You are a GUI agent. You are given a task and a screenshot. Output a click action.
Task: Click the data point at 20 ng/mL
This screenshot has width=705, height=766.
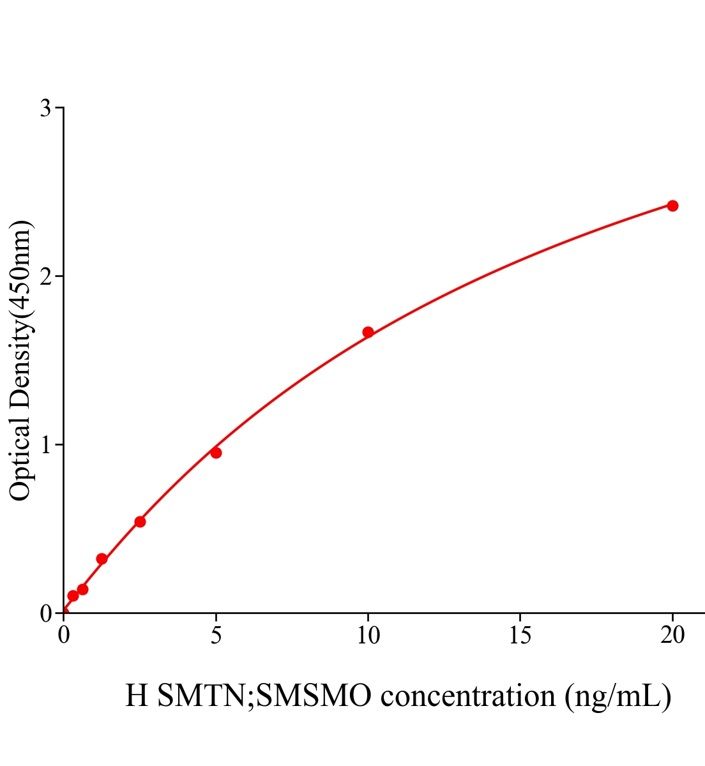672,206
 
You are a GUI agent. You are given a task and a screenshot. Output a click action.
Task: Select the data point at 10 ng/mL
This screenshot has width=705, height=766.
368,332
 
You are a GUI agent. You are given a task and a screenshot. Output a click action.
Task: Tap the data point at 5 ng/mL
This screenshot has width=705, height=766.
216,453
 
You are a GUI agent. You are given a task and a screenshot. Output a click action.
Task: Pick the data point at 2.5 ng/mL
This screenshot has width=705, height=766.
140,522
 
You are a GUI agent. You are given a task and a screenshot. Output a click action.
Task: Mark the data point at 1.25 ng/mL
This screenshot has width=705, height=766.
102,559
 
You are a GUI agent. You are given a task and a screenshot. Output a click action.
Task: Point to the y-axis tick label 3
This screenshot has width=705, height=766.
45,109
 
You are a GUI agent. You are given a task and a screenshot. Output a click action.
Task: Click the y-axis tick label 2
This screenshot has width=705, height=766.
45,276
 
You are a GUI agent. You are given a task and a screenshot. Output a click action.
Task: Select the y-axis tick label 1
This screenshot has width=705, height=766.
45,445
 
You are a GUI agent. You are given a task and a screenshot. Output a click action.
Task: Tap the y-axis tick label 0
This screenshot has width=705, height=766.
45,613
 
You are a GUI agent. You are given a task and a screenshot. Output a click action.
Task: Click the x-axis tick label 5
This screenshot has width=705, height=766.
216,635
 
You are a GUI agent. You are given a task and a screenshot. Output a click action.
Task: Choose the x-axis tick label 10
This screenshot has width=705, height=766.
368,635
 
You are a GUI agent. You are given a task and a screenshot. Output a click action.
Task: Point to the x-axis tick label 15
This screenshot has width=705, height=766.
520,635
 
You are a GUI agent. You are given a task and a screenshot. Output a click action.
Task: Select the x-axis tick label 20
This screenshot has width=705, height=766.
672,635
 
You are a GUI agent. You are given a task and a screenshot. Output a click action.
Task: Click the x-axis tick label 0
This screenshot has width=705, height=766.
64,635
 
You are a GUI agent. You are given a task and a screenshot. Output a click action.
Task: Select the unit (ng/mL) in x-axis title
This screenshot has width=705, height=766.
618,696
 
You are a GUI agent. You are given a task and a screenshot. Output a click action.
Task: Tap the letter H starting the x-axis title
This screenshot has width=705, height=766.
137,696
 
